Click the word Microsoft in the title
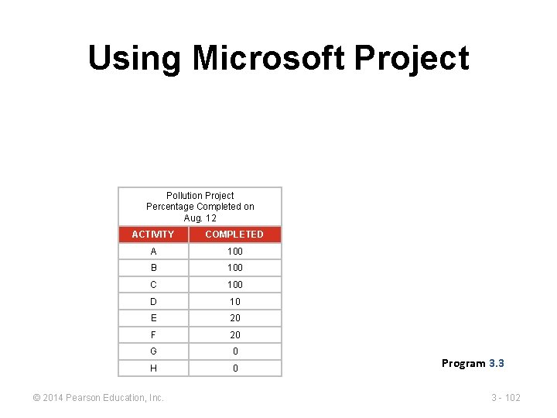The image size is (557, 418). pos(268,58)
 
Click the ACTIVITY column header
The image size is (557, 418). pos(153,235)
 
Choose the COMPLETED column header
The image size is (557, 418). pos(234,235)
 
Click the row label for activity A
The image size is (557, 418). pos(153,252)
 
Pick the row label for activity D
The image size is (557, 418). pos(153,302)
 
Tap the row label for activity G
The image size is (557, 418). pos(153,351)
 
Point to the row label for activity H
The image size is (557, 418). pos(153,368)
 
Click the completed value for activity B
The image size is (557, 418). pos(234,268)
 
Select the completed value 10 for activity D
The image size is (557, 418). pos(234,302)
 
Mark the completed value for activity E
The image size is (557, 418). pos(234,318)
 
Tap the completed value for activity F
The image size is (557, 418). pos(234,335)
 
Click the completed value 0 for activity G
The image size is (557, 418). pos(234,351)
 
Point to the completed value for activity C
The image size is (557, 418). pos(234,285)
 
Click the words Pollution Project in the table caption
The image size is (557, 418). pos(200,196)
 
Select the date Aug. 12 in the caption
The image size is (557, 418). pos(200,218)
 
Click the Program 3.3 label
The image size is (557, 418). pos(473,363)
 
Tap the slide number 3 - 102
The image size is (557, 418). pos(506,398)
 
